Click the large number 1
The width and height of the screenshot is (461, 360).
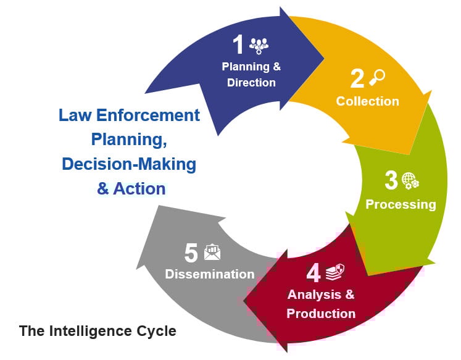click(x=238, y=44)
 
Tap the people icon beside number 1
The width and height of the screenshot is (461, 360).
click(x=259, y=46)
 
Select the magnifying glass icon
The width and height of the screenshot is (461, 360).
click(x=377, y=77)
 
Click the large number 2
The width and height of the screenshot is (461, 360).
click(x=357, y=78)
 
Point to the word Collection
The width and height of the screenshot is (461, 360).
click(x=368, y=101)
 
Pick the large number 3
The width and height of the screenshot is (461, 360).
click(x=391, y=180)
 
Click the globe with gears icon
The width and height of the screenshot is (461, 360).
click(x=410, y=181)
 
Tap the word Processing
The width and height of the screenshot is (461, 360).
click(x=401, y=204)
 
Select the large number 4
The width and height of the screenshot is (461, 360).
click(x=314, y=273)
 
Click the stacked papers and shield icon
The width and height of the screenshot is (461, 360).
click(x=335, y=272)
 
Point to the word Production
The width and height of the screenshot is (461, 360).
click(x=321, y=314)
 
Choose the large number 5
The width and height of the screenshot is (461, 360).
click(x=191, y=253)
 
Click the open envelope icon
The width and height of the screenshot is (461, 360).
click(x=212, y=253)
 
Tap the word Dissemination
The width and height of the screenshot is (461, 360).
click(x=210, y=274)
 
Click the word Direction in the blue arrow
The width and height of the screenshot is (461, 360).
click(x=251, y=83)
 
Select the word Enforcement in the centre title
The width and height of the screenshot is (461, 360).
click(x=148, y=115)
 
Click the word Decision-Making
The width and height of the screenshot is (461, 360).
click(x=129, y=164)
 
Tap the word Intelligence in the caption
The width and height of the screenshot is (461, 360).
click(x=90, y=331)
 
